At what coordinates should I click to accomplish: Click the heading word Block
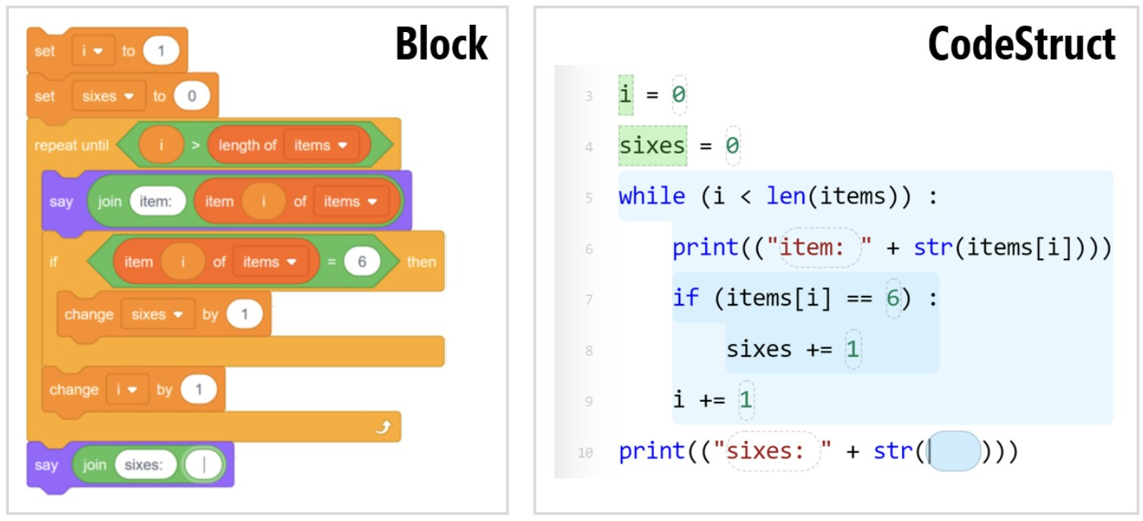point(441,43)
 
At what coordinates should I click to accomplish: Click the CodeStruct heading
point(1021,43)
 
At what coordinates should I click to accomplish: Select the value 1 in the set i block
point(161,51)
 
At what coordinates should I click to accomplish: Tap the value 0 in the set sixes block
point(191,96)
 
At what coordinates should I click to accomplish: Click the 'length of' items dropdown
point(319,145)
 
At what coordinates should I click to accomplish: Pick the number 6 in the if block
point(362,262)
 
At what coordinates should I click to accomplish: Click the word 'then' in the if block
point(421,262)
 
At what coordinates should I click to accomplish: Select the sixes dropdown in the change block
point(158,315)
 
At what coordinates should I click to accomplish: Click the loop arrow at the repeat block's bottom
point(383,428)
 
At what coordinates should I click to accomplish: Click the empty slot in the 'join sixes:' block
point(203,465)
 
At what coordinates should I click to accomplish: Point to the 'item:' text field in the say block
point(157,202)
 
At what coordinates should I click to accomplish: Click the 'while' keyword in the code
point(652,196)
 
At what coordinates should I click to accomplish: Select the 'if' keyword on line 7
point(685,298)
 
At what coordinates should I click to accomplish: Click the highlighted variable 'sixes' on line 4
point(652,146)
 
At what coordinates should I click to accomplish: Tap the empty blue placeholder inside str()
point(954,451)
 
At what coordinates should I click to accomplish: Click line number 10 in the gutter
point(585,452)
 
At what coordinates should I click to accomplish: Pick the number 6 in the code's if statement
point(893,298)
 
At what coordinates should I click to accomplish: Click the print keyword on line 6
point(705,247)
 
